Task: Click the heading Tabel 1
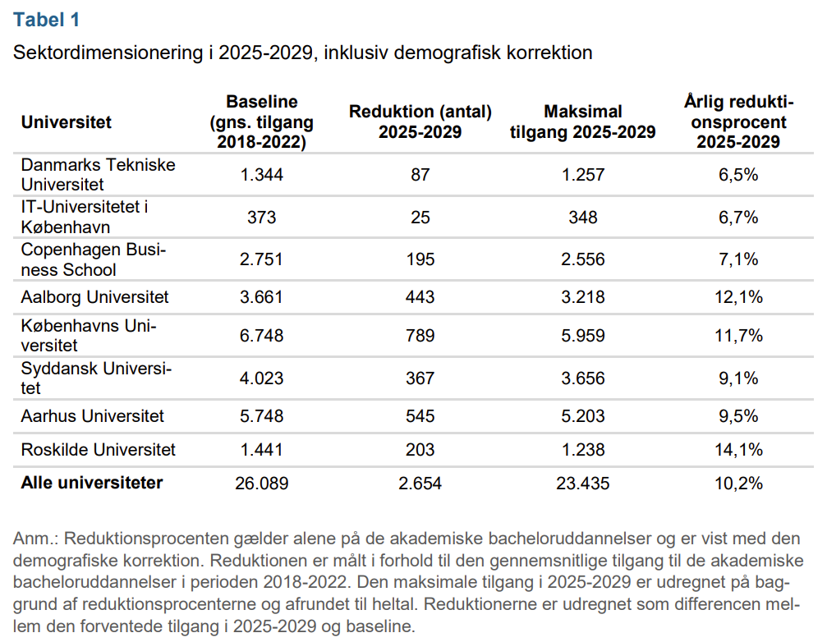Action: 47,20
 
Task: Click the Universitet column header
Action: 67,122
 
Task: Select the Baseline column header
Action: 261,122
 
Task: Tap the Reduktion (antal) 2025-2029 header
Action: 420,122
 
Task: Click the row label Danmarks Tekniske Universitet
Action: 98,174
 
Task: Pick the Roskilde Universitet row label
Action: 98,450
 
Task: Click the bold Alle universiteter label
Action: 92,483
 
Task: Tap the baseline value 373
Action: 261,218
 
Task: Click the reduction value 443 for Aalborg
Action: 420,296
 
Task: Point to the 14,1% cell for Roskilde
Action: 737,450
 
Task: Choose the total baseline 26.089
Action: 261,484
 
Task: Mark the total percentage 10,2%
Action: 737,484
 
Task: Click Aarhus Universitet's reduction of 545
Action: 420,416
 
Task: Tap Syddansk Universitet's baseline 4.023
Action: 261,378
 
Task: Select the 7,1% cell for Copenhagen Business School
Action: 737,259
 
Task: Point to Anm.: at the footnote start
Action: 35,539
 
